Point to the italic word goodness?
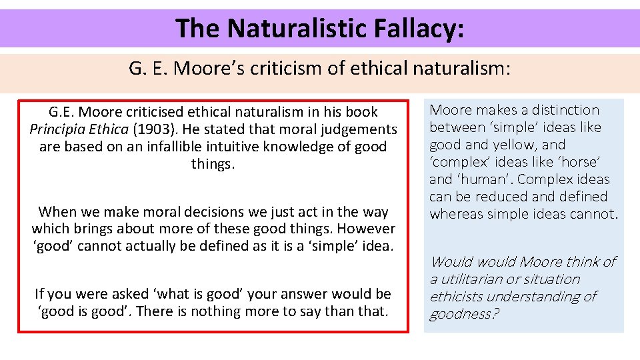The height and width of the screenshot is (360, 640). [x=463, y=314]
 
